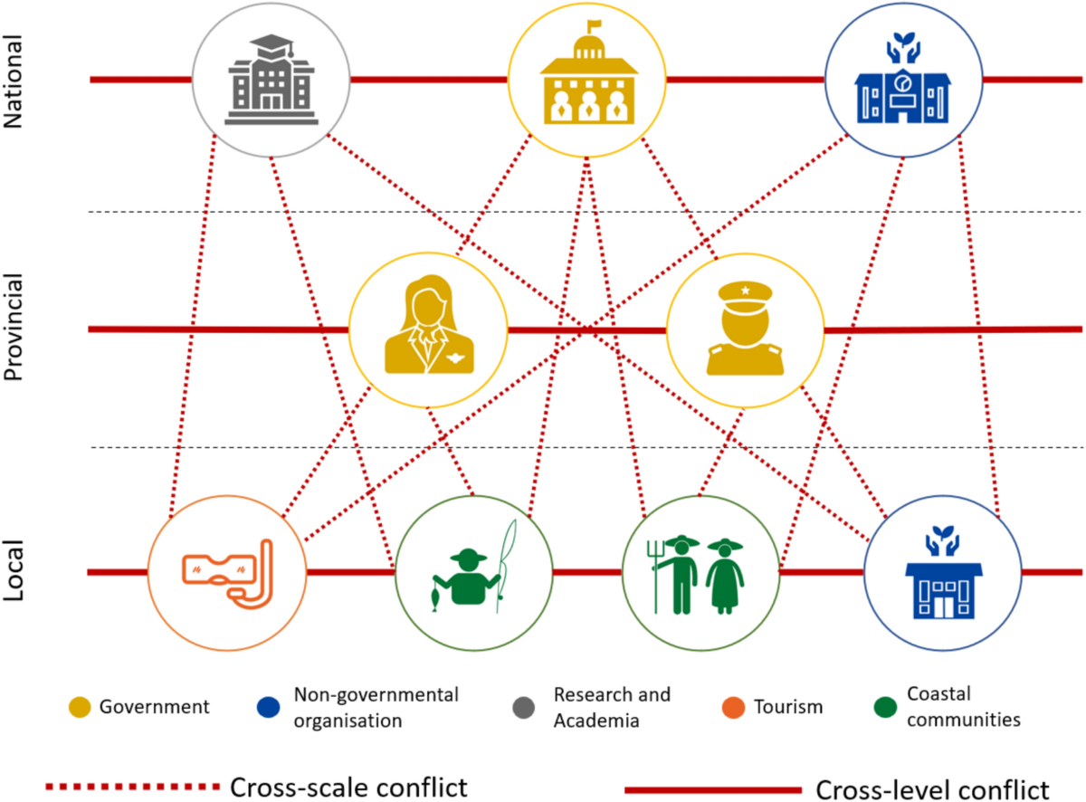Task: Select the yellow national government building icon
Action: coord(586,80)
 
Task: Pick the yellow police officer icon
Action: coord(745,329)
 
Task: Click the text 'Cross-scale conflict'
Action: coord(349,787)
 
